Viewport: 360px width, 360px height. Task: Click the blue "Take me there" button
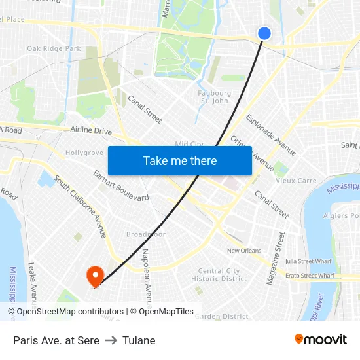[180, 161]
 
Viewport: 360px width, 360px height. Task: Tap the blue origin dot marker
[264, 33]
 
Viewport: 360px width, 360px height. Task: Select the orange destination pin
[96, 275]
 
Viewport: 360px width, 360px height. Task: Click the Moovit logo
[320, 340]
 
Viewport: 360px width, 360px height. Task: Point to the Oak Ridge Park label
[54, 48]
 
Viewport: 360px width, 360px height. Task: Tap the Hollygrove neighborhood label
[84, 153]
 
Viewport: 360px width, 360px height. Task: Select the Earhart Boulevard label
[121, 186]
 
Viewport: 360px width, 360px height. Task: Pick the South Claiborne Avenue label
[80, 206]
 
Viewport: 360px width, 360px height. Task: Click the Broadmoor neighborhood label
[146, 234]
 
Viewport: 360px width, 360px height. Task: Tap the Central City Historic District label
[219, 275]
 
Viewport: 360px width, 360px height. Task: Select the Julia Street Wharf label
[308, 261]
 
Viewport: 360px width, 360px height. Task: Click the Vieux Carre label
[296, 181]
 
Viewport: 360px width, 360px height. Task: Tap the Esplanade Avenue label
[270, 135]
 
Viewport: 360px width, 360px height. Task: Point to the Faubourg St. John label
[215, 97]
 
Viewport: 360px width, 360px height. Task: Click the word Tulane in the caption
[139, 340]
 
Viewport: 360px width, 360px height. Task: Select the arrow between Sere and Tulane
[111, 340]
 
